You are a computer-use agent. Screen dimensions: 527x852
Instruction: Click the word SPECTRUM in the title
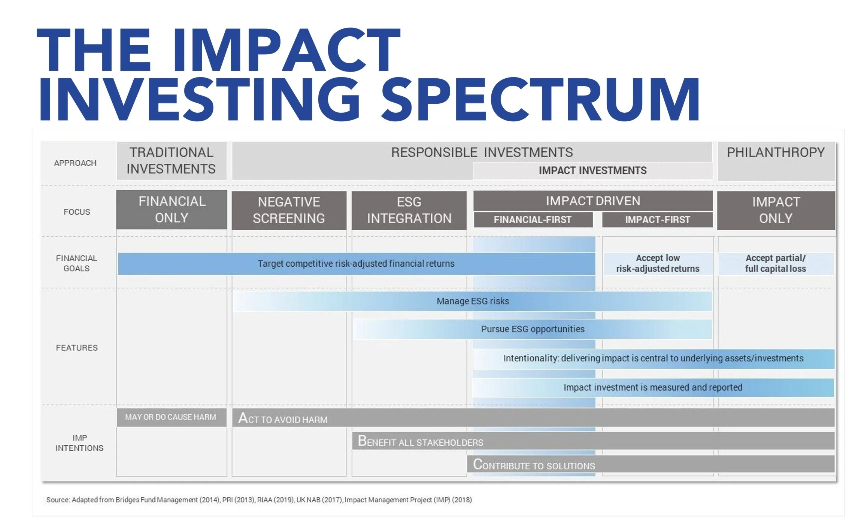point(540,99)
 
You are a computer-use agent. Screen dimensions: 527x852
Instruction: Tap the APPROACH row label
point(75,163)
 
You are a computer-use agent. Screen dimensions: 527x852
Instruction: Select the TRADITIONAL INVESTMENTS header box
point(171,161)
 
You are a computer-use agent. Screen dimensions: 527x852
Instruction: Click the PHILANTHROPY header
point(776,152)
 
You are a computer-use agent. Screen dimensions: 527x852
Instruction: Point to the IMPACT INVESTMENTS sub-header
point(592,170)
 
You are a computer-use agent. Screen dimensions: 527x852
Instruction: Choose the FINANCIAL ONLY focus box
point(172,210)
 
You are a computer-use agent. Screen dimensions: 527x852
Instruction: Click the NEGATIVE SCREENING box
point(289,210)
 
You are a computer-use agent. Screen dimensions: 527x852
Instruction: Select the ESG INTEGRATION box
point(409,210)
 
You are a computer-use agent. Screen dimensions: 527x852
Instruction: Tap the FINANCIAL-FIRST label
point(533,219)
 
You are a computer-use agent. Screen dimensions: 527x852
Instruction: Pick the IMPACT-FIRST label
point(657,219)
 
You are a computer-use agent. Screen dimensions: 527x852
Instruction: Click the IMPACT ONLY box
point(776,210)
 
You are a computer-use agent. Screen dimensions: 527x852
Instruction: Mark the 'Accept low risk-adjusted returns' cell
point(658,263)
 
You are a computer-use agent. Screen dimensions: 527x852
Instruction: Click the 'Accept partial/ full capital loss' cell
point(775,263)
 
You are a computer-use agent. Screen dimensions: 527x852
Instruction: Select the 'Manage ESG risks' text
point(473,301)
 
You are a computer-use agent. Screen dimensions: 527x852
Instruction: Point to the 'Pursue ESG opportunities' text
point(533,329)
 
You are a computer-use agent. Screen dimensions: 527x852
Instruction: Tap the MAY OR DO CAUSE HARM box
point(171,417)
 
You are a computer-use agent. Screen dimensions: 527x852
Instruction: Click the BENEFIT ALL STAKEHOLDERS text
point(420,442)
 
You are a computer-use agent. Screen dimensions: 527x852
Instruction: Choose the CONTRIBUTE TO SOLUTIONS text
point(534,465)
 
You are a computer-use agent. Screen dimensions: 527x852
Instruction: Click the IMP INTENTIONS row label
point(79,443)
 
